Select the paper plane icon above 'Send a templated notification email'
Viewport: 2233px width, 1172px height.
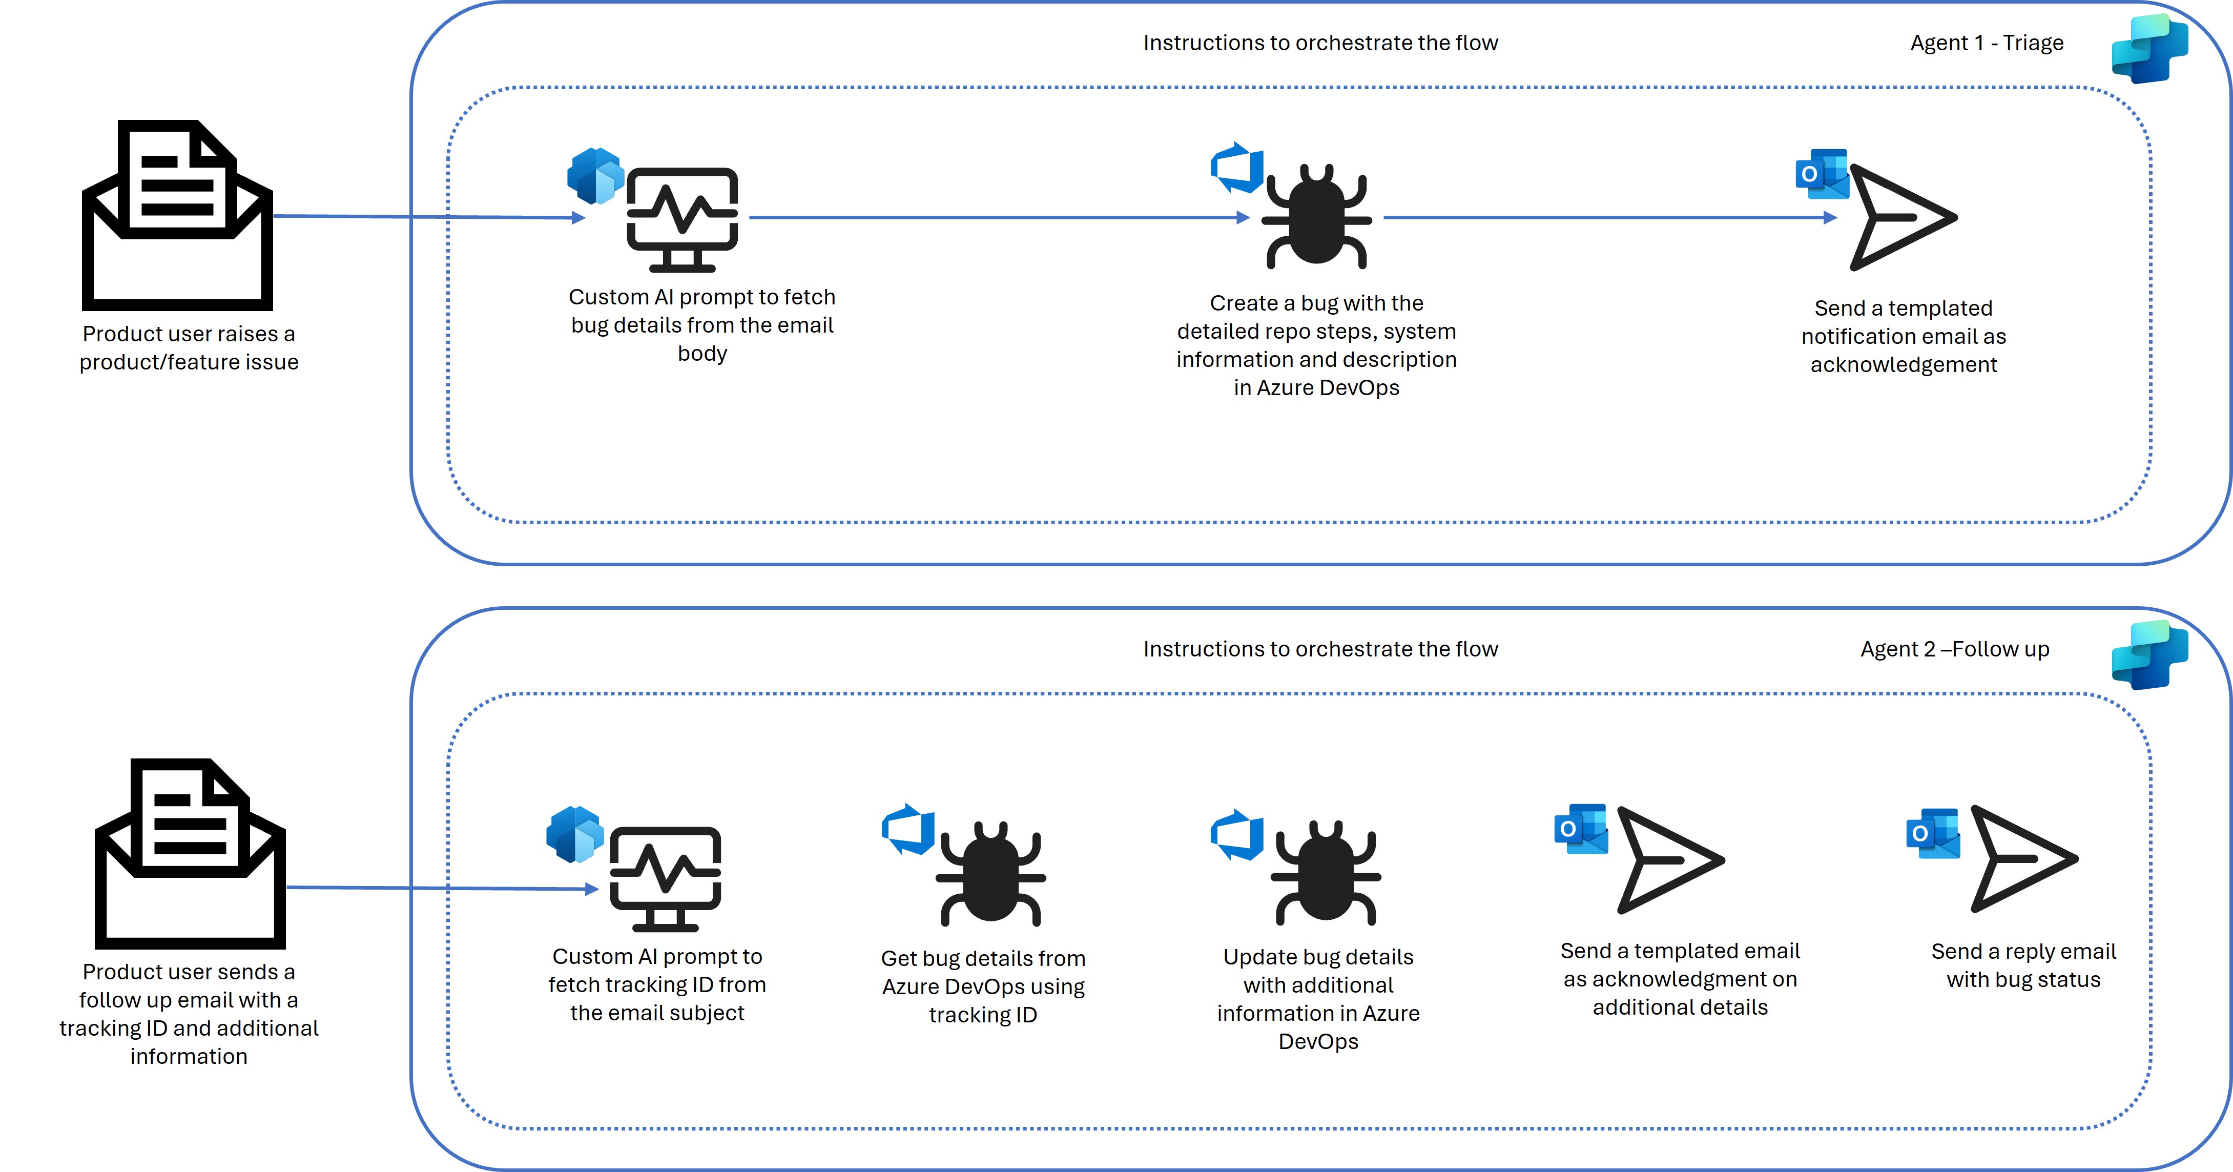tap(1902, 217)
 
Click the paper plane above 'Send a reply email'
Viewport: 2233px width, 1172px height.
tap(2022, 858)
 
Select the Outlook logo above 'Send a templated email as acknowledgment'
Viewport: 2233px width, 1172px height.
tap(1581, 829)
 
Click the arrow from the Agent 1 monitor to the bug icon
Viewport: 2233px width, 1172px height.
tap(997, 218)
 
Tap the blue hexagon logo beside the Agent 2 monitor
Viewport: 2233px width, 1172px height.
tap(575, 834)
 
